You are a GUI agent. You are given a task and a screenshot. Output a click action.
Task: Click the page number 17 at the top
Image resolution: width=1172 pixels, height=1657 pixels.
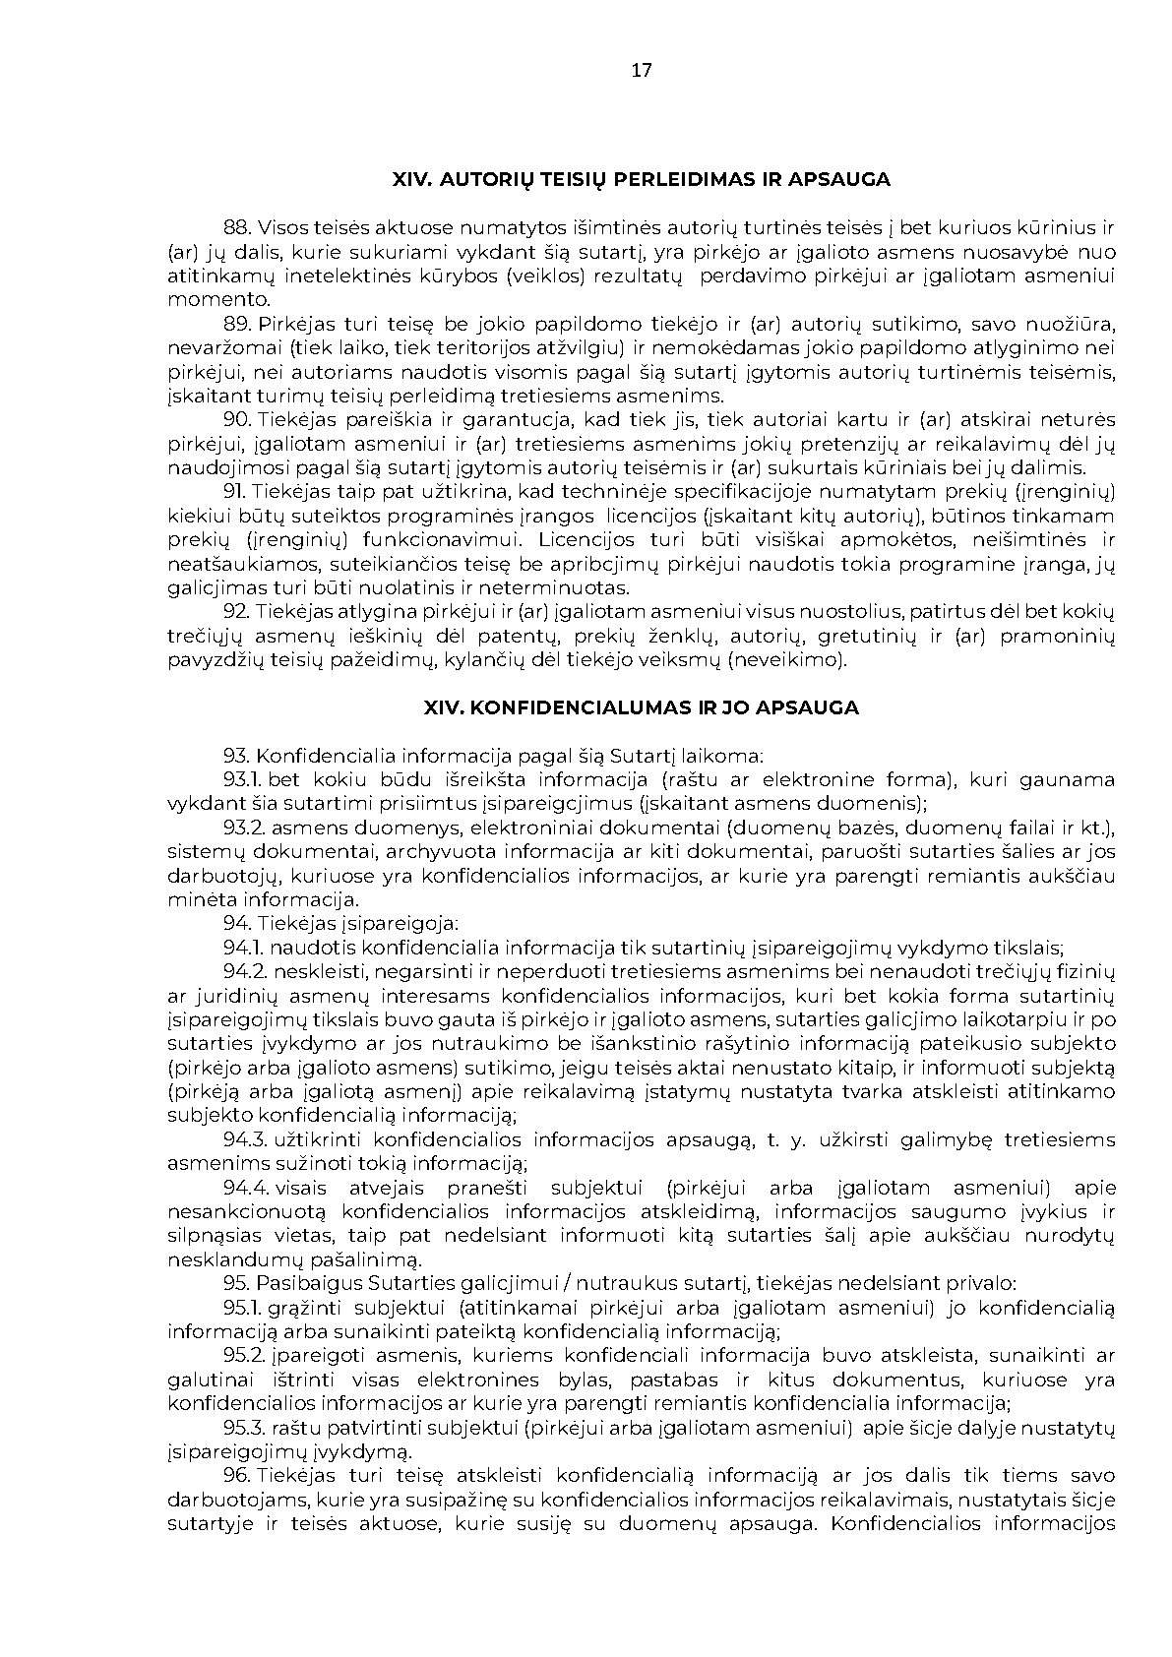point(641,70)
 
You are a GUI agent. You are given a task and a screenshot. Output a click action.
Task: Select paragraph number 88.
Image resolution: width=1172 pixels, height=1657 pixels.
point(236,228)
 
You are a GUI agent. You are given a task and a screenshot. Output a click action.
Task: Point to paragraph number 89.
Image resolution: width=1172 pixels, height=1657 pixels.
point(236,325)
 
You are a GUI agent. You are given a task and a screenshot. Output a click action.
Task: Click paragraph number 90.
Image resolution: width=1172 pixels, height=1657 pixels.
point(237,420)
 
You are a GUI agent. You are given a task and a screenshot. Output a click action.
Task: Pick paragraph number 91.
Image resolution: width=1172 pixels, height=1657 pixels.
point(235,492)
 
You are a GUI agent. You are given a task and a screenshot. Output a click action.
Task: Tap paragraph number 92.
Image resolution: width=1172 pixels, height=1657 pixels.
point(236,612)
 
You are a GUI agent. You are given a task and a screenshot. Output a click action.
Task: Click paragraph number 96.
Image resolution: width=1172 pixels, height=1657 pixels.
point(237,1476)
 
